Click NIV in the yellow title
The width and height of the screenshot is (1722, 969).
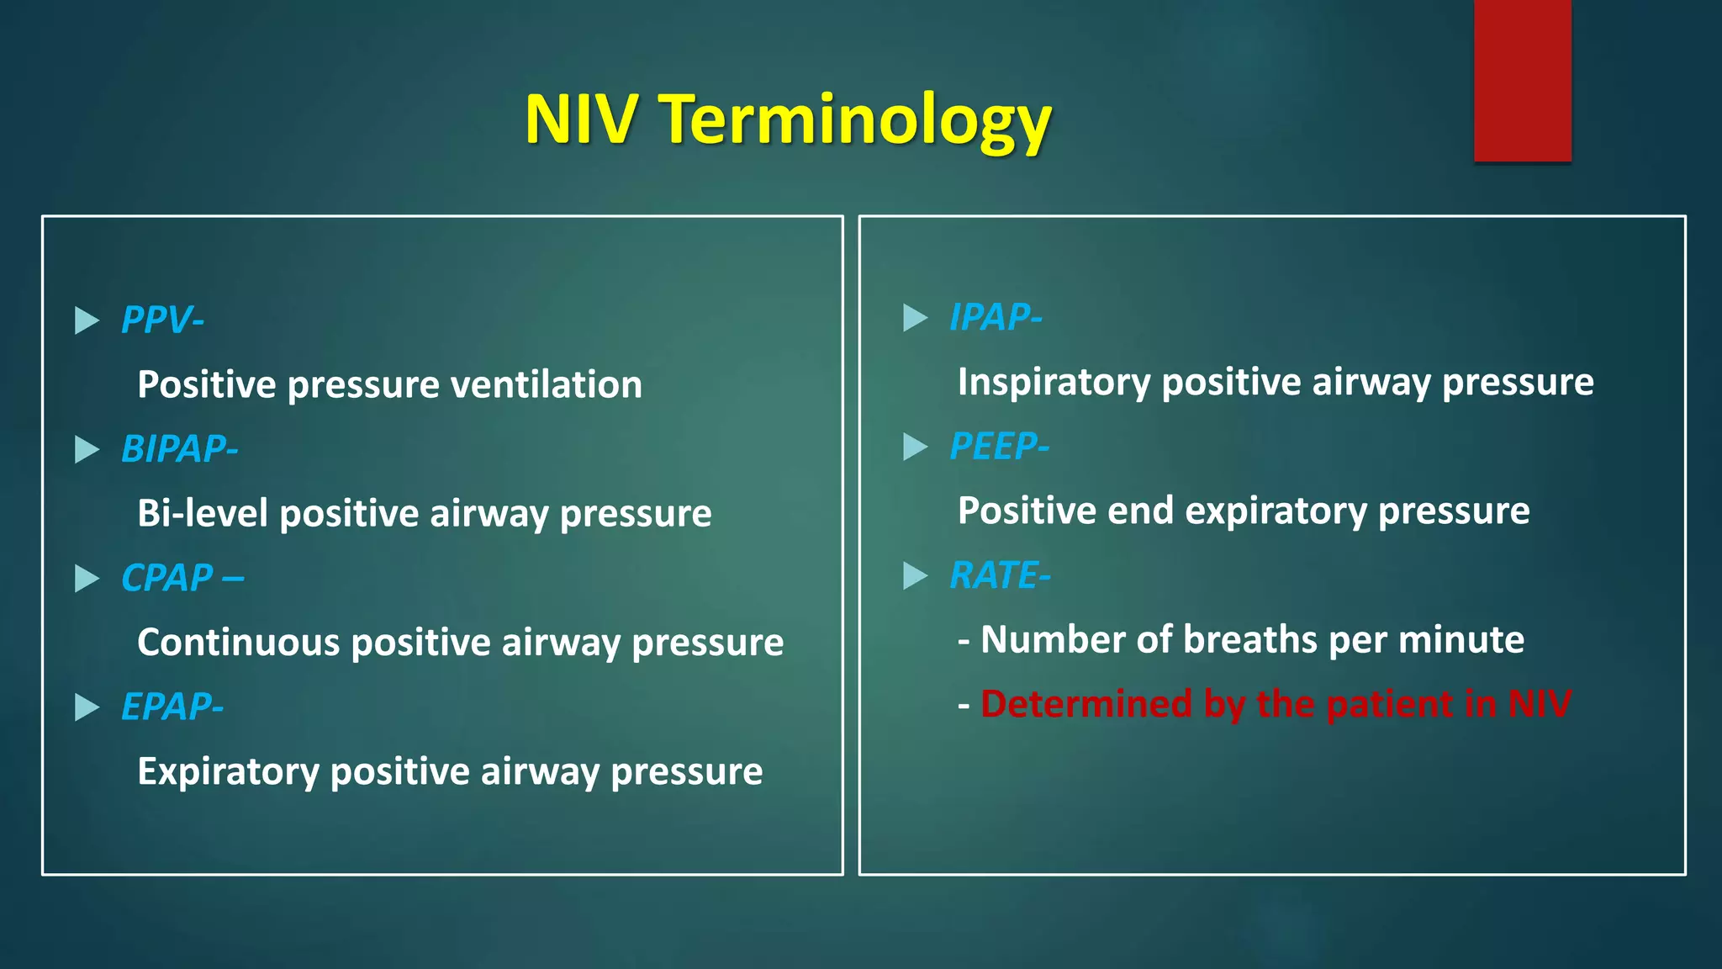580,119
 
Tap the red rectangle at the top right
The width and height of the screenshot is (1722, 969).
1522,80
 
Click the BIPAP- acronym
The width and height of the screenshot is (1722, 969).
179,449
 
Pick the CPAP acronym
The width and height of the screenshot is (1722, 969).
168,579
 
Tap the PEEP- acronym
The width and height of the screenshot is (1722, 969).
999,447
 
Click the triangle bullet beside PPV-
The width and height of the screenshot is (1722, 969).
87,320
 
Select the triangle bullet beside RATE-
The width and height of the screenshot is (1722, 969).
915,576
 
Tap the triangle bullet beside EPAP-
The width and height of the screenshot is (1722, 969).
87,707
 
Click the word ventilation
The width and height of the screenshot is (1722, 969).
547,385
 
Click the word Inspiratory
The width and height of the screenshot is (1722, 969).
1054,383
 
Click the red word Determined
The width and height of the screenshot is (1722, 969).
1085,704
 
